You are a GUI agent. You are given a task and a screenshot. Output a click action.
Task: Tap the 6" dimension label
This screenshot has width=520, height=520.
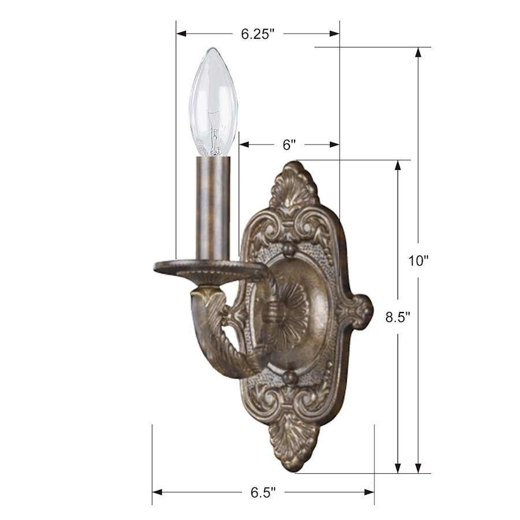(289, 145)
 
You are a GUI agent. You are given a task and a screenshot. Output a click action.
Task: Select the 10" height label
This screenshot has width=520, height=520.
(418, 261)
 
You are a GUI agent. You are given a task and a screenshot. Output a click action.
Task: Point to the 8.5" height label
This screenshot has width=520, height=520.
(398, 317)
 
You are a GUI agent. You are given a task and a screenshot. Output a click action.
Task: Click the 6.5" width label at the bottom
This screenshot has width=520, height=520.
(263, 493)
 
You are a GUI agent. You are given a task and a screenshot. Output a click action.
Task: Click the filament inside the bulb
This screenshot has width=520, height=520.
(214, 130)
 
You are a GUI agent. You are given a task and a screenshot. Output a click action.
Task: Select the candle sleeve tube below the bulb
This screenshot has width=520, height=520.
(213, 208)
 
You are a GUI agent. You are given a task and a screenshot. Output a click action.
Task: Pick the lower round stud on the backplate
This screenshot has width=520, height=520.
(289, 378)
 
